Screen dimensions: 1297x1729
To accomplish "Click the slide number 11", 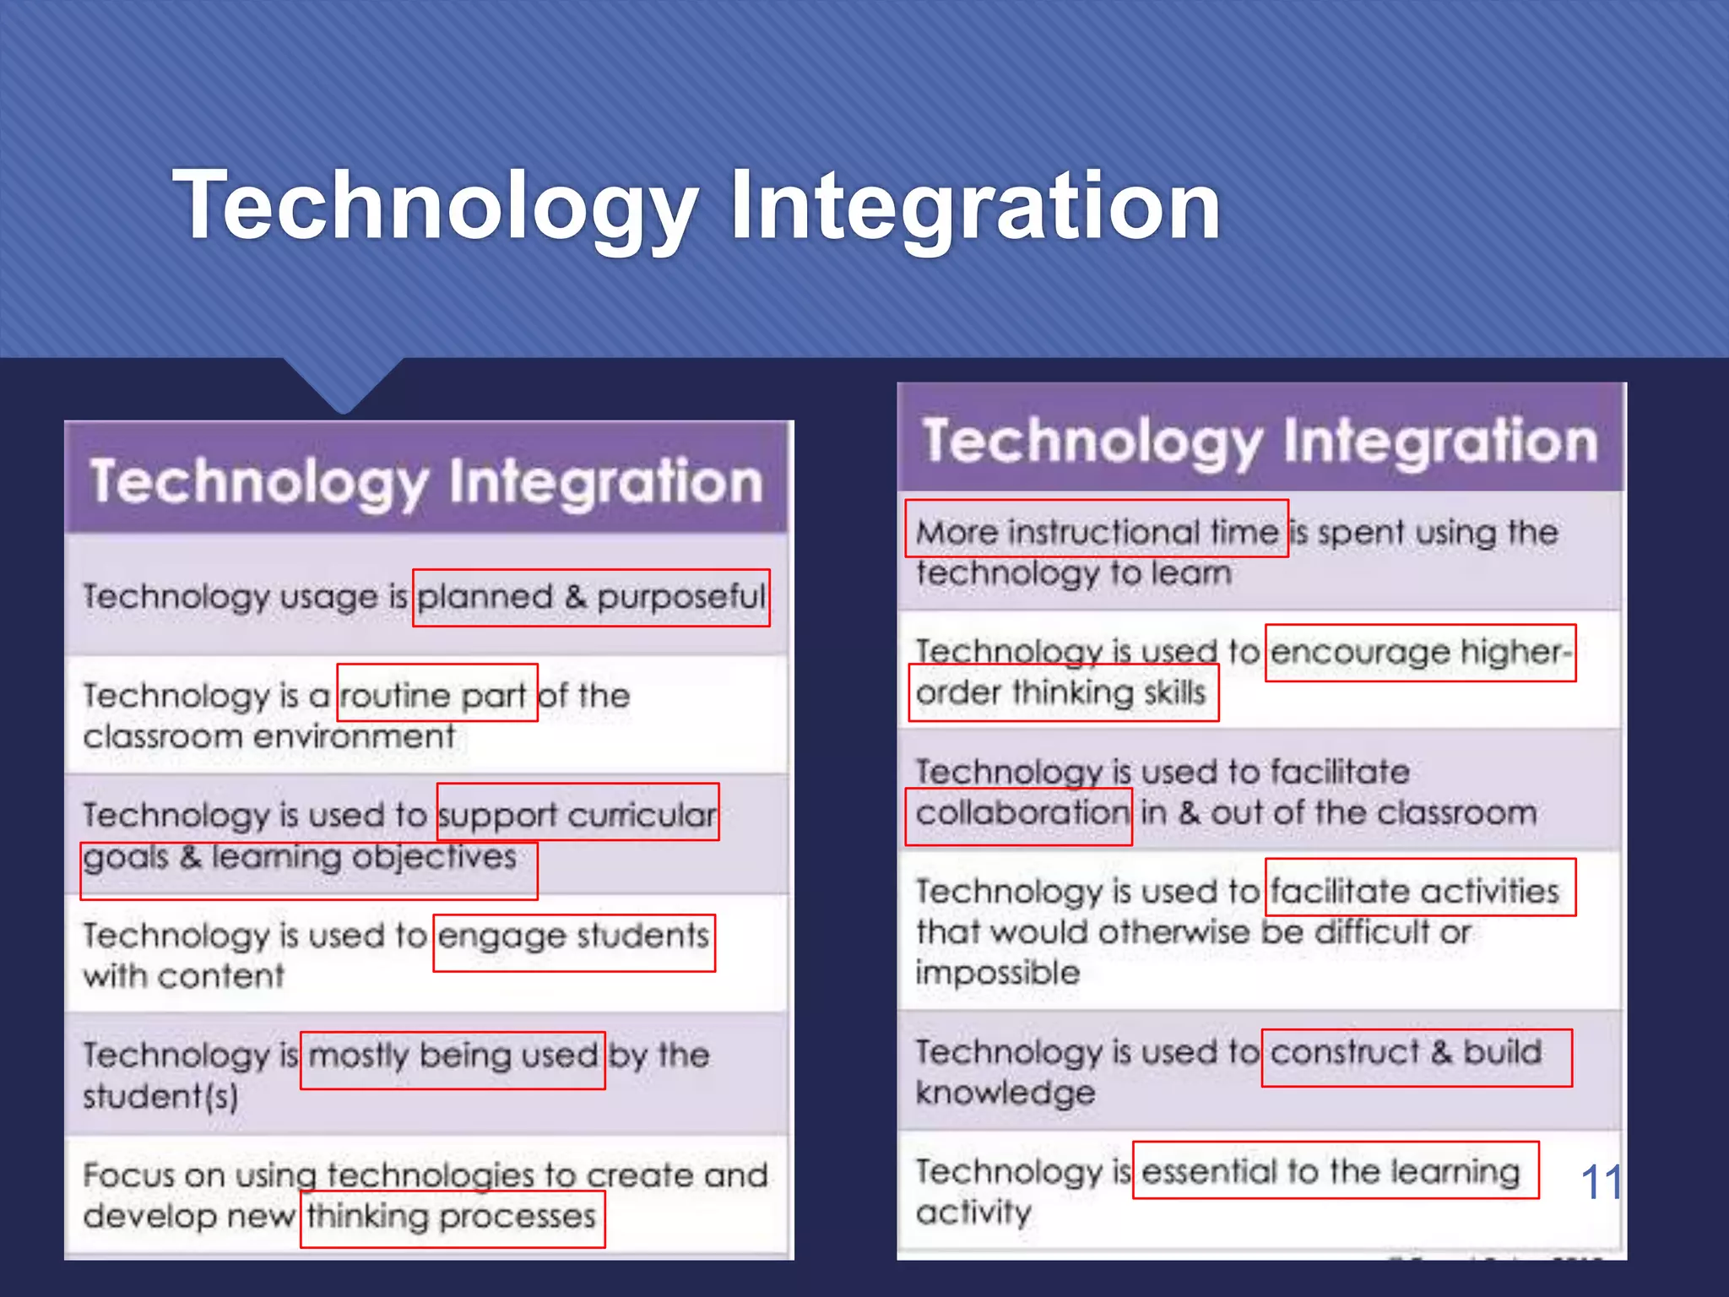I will point(1600,1182).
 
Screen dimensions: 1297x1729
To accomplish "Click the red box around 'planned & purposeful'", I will point(591,598).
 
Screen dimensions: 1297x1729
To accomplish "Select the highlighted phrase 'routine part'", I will point(436,693).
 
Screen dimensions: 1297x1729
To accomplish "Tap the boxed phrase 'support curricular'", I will point(577,812).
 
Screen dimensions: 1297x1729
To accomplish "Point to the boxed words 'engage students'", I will point(574,943).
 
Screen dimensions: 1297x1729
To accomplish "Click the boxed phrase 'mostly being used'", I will point(453,1061).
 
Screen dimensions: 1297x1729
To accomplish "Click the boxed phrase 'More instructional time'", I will point(1096,529).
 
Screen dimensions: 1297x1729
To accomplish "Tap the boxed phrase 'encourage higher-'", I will point(1420,653).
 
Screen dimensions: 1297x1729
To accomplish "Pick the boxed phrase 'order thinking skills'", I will point(1063,692).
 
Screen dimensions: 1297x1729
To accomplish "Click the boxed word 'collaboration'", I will point(1018,817).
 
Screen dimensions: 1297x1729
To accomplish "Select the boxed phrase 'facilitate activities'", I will point(1420,887).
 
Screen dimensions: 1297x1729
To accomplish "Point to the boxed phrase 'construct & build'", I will point(1416,1058).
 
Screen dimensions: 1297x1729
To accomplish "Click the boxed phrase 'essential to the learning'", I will point(1335,1170).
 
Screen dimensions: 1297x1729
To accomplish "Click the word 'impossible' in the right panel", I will point(998,973).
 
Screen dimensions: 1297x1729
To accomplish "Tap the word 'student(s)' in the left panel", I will point(160,1096).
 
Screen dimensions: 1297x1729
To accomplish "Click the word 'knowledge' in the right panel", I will point(1005,1093).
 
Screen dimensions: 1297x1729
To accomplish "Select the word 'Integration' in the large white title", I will point(975,205).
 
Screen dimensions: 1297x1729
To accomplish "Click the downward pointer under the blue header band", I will point(344,385).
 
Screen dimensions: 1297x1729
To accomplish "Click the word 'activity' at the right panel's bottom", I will point(973,1213).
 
